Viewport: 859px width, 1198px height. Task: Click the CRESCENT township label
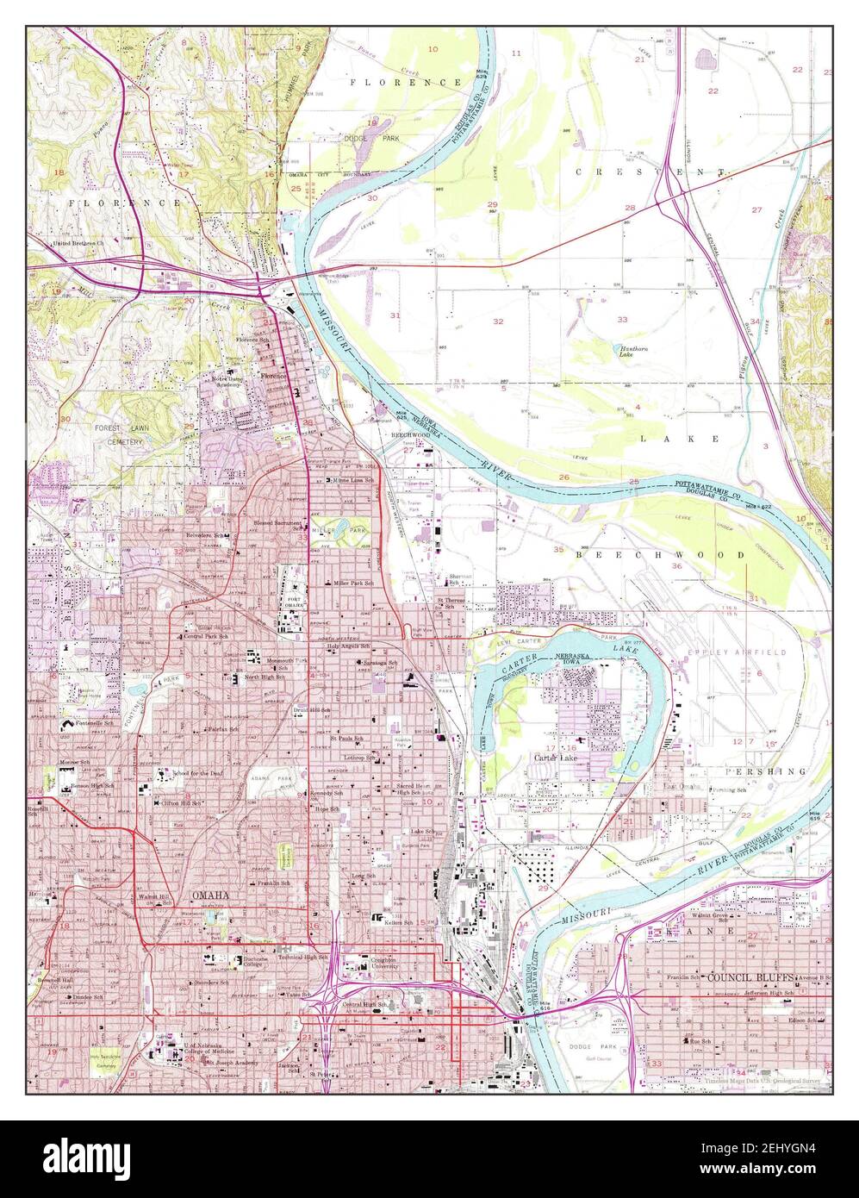point(650,172)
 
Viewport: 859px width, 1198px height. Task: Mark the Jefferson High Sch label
point(769,993)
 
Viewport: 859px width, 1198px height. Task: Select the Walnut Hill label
point(159,895)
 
